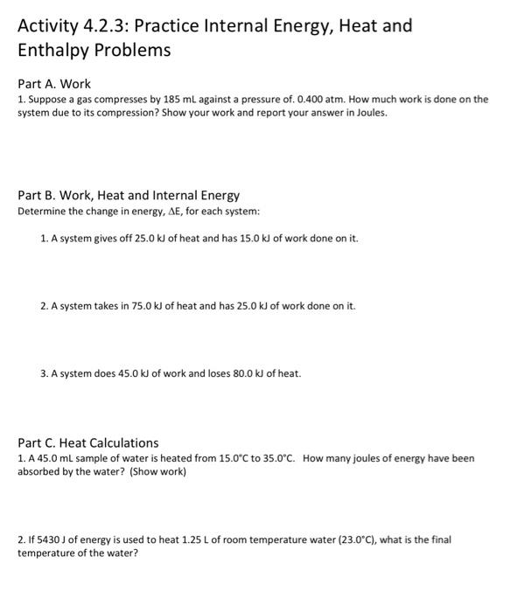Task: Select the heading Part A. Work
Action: coord(54,84)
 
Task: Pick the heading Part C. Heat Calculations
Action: coord(88,442)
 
